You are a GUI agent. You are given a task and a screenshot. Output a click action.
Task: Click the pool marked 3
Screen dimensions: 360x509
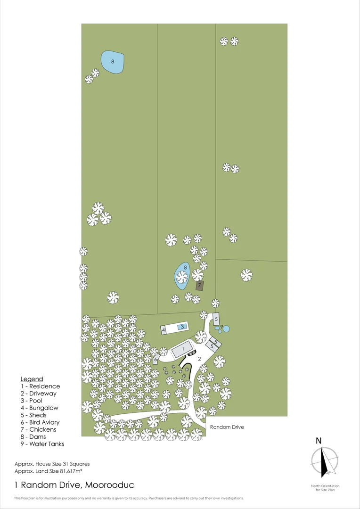click(x=182, y=327)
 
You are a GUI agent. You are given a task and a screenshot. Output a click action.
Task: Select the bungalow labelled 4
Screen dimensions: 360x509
click(x=164, y=330)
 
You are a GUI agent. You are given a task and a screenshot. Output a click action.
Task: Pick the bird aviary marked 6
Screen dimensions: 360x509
click(x=156, y=359)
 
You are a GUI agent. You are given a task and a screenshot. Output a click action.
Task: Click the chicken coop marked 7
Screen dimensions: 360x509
click(x=200, y=286)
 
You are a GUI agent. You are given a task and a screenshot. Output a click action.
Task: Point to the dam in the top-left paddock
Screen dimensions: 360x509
click(x=112, y=61)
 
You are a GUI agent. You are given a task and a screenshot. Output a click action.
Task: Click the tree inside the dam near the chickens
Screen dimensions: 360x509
click(x=182, y=277)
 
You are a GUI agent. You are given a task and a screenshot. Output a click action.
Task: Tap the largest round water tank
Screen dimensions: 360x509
click(x=226, y=329)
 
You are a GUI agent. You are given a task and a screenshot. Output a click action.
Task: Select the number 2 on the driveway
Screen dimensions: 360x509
click(x=200, y=359)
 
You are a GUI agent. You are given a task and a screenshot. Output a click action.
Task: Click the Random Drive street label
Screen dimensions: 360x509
click(x=227, y=427)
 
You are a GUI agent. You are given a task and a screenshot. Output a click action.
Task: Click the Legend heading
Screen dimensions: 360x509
click(x=32, y=379)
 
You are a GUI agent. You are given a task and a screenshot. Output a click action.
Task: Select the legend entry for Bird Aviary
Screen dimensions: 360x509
click(x=40, y=422)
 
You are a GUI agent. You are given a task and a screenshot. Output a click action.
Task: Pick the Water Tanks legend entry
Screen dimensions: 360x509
click(x=42, y=444)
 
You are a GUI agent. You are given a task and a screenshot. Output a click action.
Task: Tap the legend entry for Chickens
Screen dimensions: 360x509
click(x=38, y=429)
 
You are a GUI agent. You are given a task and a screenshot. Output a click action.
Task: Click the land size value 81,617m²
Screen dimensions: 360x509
click(x=74, y=471)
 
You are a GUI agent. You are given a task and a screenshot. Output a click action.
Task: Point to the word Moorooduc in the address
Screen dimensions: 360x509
click(x=109, y=485)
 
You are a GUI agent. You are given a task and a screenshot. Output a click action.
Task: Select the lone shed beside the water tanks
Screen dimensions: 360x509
click(x=216, y=319)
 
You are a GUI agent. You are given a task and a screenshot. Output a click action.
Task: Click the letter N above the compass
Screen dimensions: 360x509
click(x=319, y=441)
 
